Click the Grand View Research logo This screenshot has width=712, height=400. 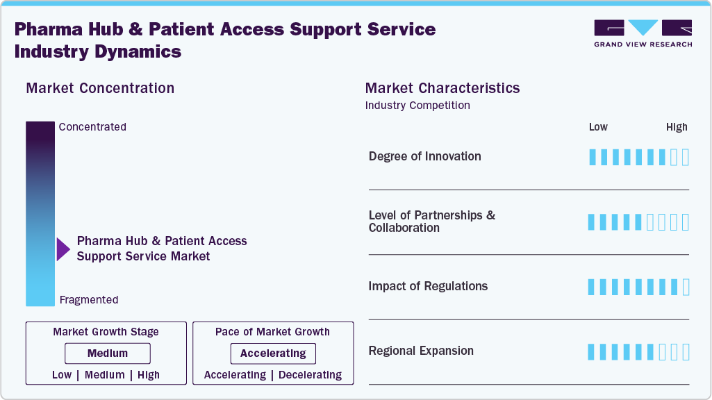pos(643,33)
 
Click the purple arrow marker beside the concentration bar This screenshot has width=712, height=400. pos(63,249)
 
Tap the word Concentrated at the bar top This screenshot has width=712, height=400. pos(92,127)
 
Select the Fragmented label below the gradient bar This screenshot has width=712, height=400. pos(89,300)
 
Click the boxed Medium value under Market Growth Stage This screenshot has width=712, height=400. pos(107,353)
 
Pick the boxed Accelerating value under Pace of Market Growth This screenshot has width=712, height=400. pos(273,353)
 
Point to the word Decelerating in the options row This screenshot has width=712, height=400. pos(310,375)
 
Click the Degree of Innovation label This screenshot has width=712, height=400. pos(424,156)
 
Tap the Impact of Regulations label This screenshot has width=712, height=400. pos(428,286)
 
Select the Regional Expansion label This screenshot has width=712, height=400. pos(421,351)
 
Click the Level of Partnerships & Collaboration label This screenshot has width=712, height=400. pos(431,222)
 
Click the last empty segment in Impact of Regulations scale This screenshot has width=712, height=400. pos(686,287)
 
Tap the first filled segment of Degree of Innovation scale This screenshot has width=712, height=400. pos(592,157)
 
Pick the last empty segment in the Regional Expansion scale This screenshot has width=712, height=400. pos(686,352)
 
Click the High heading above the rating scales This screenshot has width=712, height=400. pos(677,127)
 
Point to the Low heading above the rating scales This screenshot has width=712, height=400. pos(598,127)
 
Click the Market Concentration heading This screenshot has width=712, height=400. pos(100,88)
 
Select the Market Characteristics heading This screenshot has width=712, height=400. pos(442,88)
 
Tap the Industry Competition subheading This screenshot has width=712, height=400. pos(417,106)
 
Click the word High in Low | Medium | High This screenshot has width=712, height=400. pos(149,375)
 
